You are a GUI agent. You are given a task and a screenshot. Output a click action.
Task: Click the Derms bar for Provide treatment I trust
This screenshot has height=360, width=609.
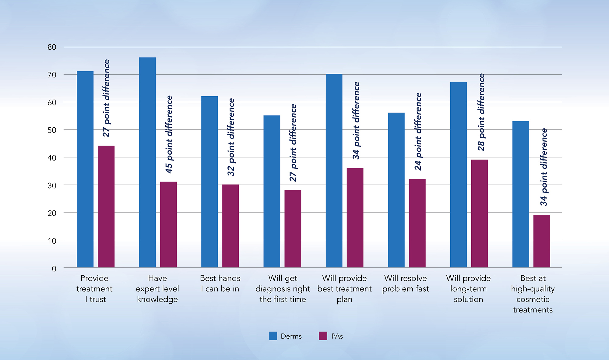[85, 169]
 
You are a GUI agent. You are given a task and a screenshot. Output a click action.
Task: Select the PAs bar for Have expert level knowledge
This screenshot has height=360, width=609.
[168, 224]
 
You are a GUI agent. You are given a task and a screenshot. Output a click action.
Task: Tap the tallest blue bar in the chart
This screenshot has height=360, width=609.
[147, 162]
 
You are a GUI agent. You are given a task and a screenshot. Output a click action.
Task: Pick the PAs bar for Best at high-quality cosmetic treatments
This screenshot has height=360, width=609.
[542, 241]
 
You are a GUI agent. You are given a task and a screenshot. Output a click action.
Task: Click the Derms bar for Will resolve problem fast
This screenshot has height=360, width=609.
[396, 190]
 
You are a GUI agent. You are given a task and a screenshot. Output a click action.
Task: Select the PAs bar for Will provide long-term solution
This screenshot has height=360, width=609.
[479, 213]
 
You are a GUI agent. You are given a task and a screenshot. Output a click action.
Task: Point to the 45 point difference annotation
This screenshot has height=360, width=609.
[169, 134]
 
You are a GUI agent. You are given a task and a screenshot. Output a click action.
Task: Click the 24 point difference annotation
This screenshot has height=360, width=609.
[418, 131]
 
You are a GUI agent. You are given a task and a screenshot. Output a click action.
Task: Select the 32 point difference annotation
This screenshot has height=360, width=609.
[231, 137]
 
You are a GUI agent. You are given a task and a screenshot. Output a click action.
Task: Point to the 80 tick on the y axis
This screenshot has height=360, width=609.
[52, 47]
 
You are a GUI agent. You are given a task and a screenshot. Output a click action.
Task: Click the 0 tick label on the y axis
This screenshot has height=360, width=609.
[54, 268]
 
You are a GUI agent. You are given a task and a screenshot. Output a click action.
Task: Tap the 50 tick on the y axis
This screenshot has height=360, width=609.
[52, 130]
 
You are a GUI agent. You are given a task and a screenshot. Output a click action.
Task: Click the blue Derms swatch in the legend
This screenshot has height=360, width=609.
[273, 336]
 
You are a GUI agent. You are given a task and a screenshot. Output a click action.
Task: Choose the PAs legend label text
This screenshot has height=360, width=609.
[337, 336]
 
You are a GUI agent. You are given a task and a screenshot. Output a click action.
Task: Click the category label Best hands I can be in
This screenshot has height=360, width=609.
[220, 283]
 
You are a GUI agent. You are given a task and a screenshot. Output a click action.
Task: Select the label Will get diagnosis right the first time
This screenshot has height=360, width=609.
[283, 288]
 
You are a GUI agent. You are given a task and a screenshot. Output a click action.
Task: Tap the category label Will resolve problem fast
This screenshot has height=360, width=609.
[406, 283]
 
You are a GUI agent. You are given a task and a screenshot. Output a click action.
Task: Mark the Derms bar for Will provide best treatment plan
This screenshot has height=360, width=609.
[334, 171]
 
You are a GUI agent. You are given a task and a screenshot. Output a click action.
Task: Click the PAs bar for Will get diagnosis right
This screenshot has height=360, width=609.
[293, 228]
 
